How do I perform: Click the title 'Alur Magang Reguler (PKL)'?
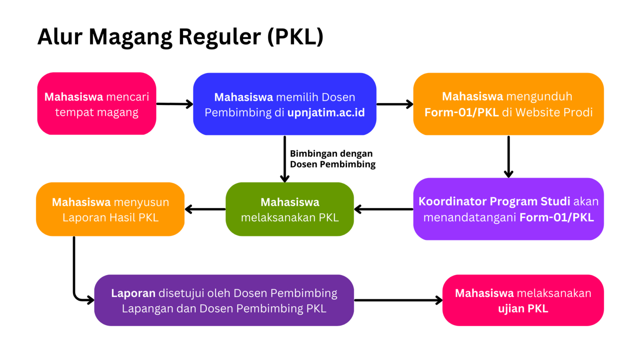(x=180, y=37)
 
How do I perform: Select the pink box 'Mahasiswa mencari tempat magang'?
(x=97, y=104)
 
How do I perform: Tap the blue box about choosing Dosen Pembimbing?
(x=285, y=104)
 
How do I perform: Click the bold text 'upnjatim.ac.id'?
(x=326, y=112)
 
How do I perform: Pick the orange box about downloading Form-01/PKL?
(x=508, y=104)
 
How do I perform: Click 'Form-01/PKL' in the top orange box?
(x=461, y=112)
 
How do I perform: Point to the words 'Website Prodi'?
(x=554, y=112)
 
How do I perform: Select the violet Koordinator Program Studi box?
(x=508, y=209)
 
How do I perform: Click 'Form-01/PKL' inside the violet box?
(x=557, y=217)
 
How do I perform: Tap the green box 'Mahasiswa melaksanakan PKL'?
(x=290, y=209)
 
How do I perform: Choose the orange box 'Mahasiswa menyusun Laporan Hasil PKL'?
(x=110, y=209)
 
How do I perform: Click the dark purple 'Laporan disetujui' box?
(x=224, y=300)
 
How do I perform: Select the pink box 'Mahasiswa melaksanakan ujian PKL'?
(x=523, y=300)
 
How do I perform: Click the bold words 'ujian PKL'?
(x=523, y=309)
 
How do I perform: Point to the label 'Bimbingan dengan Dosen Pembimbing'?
(x=332, y=159)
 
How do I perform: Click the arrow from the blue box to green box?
(x=285, y=159)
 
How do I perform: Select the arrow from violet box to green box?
(x=383, y=209)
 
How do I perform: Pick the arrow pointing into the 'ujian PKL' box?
(x=398, y=300)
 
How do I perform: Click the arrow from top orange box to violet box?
(x=508, y=156)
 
